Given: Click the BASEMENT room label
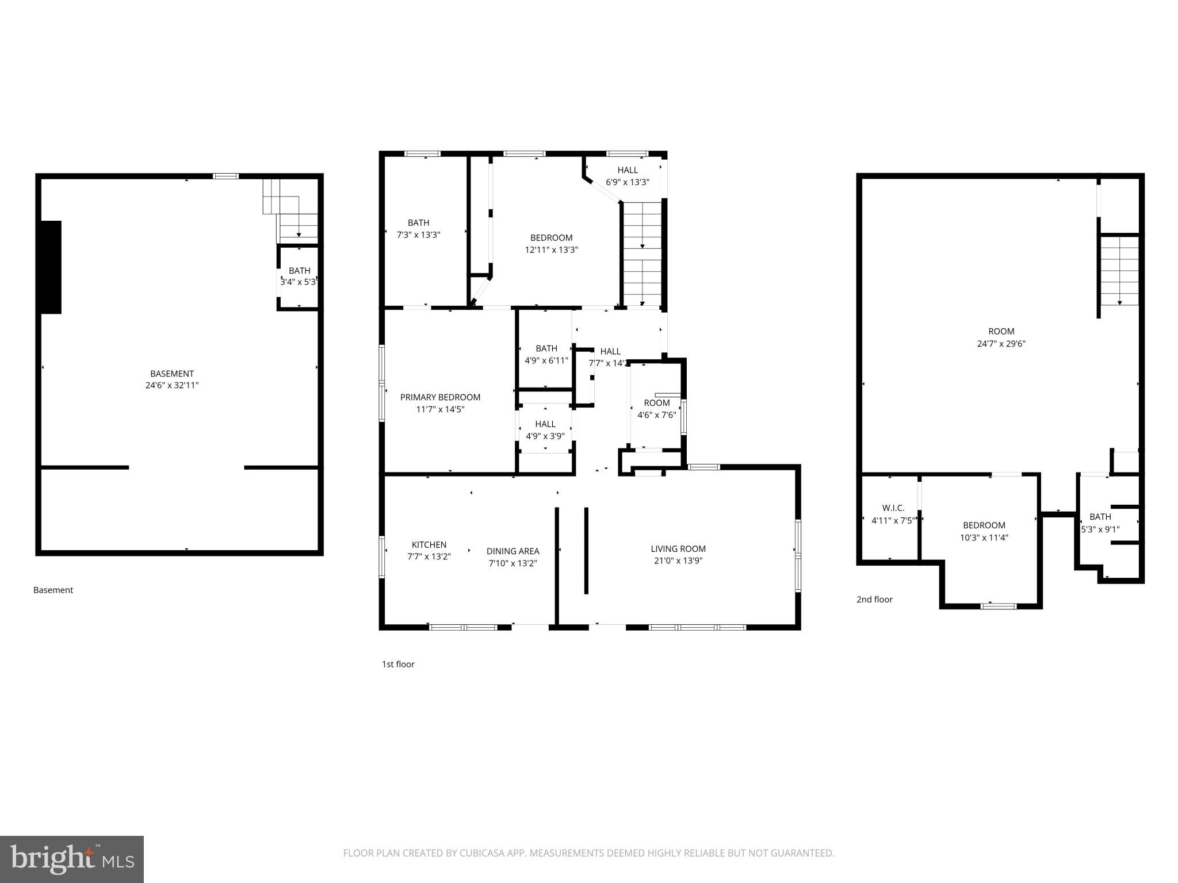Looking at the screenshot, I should pyautogui.click(x=172, y=379).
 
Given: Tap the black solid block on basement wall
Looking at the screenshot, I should pyautogui.click(x=51, y=267).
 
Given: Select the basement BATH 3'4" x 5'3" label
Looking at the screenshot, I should pyautogui.click(x=299, y=277).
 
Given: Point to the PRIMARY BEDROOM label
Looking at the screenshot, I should pyautogui.click(x=440, y=403).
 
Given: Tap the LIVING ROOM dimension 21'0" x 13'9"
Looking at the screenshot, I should pyautogui.click(x=678, y=561).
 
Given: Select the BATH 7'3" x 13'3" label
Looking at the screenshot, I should pyautogui.click(x=419, y=229).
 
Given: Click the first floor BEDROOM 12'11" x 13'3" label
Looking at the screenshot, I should pyautogui.click(x=551, y=244).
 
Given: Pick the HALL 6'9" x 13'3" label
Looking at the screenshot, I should pyautogui.click(x=628, y=176).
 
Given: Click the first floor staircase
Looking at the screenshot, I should pyautogui.click(x=642, y=253).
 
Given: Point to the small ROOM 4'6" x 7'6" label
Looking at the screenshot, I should pyautogui.click(x=656, y=409).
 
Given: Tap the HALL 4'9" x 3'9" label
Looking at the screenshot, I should pyautogui.click(x=545, y=430).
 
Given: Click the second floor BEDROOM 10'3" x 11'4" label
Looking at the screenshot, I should pyautogui.click(x=984, y=531).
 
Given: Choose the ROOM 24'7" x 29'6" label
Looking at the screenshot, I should pyautogui.click(x=1001, y=337).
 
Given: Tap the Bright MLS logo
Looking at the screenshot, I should pyautogui.click(x=72, y=859).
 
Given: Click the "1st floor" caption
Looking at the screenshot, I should pyautogui.click(x=398, y=664).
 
